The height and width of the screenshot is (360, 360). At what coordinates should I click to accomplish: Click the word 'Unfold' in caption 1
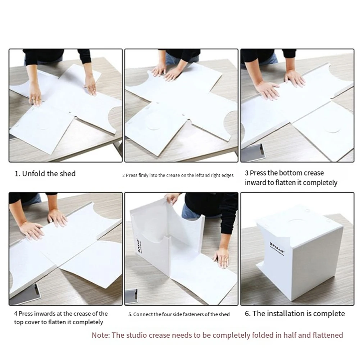[33, 174]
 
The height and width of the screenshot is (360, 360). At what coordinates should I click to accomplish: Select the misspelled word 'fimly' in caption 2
[143, 176]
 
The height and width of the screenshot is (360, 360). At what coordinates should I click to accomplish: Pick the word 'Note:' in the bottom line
[101, 335]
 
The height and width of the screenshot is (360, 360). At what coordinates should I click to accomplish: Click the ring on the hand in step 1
[33, 99]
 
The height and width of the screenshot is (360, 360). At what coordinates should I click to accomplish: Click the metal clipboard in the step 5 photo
[132, 297]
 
